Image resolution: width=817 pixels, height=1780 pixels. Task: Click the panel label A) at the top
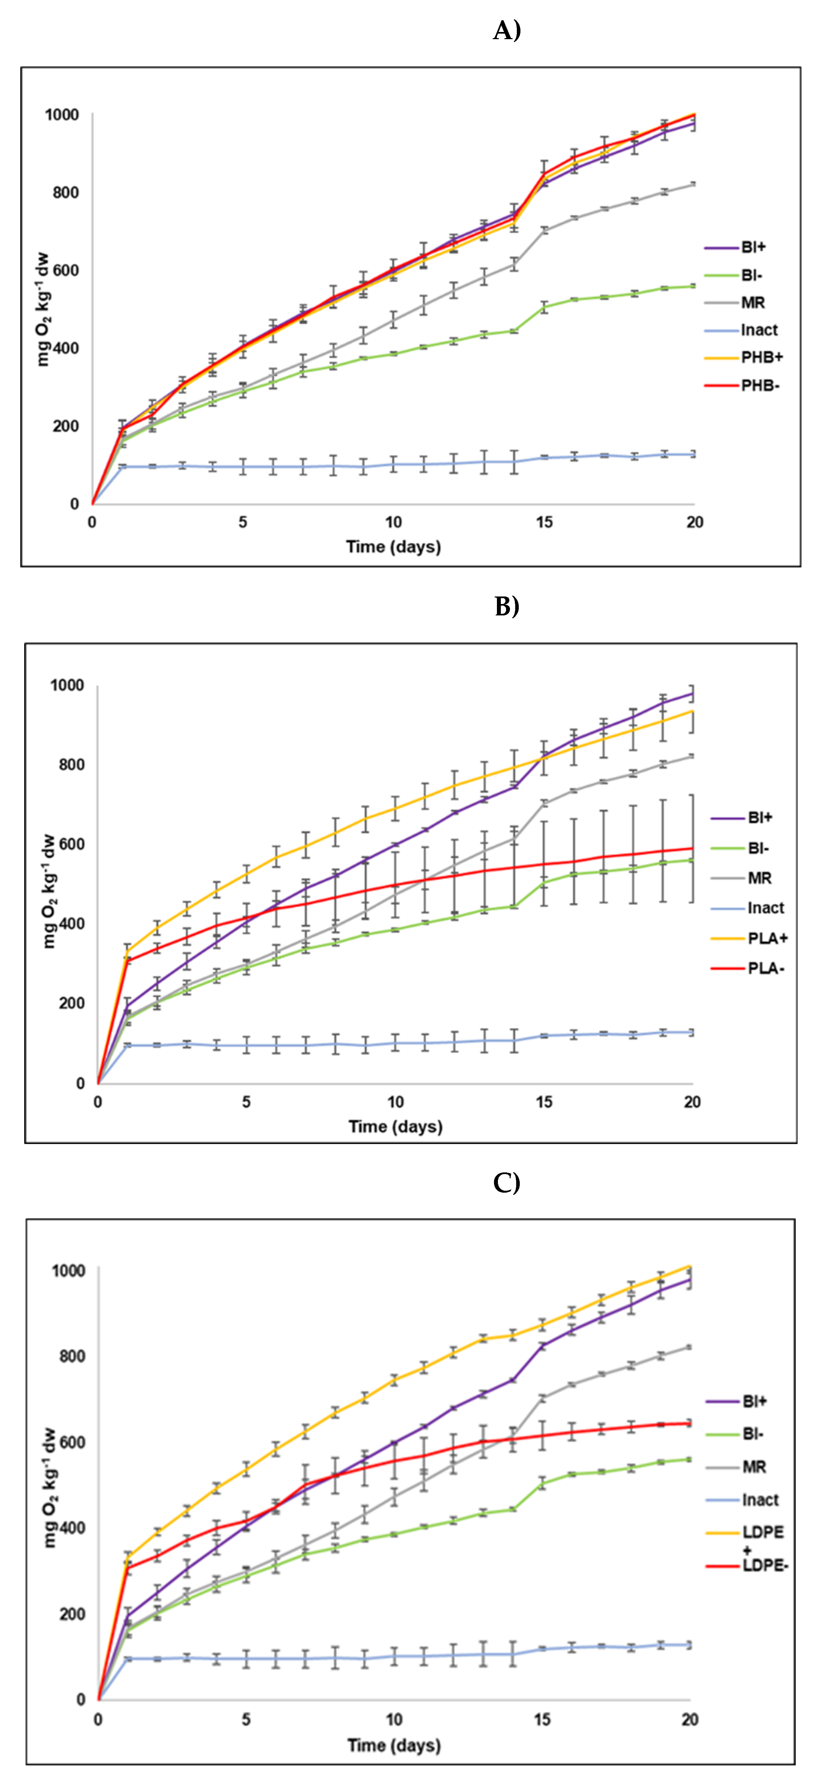(x=507, y=30)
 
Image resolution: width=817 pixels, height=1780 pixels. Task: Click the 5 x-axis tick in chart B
(x=246, y=1102)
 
